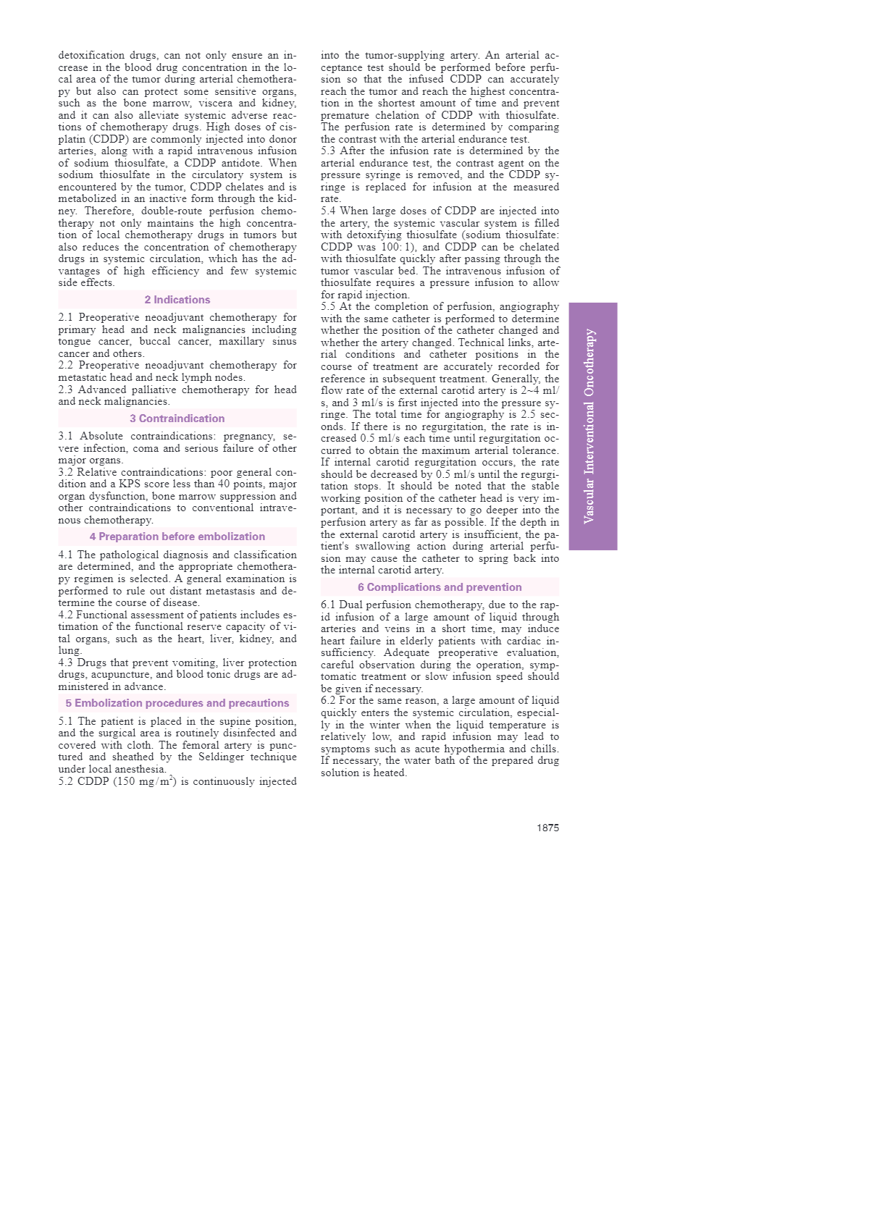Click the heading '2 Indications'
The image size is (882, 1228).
click(177, 300)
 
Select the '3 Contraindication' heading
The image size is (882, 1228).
click(177, 419)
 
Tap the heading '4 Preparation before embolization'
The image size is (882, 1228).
click(177, 537)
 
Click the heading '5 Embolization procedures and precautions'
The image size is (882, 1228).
click(177, 703)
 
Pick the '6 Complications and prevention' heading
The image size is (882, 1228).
click(440, 587)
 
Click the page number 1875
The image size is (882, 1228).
click(547, 828)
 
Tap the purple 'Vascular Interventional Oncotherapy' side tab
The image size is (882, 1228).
click(592, 426)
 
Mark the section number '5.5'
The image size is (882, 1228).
click(328, 307)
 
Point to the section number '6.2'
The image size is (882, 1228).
click(328, 701)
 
